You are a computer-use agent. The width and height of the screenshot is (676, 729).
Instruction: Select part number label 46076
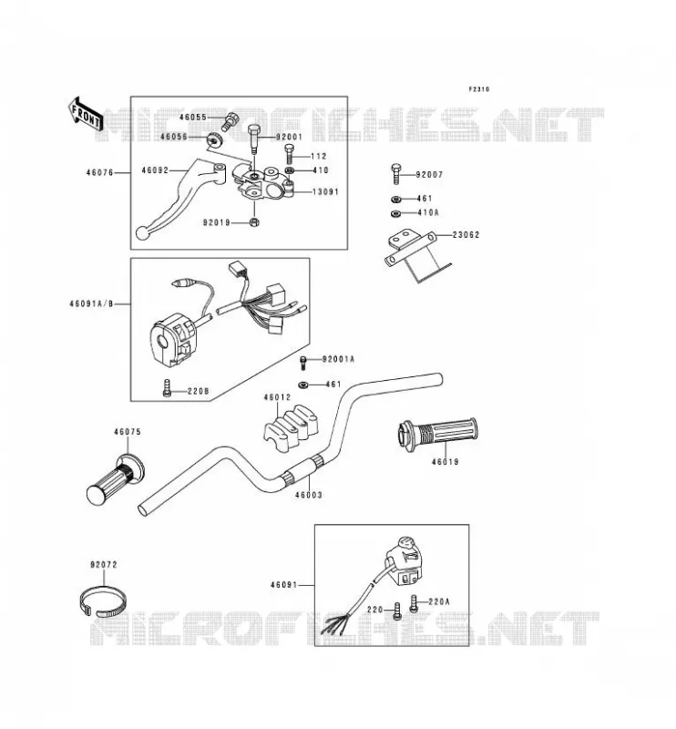tap(99, 173)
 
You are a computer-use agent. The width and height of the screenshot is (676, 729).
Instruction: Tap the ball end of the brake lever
tap(142, 233)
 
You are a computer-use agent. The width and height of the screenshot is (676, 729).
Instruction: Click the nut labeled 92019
tap(254, 222)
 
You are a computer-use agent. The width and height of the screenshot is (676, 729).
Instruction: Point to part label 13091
tap(325, 191)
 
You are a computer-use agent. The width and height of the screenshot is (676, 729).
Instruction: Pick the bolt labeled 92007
tap(396, 175)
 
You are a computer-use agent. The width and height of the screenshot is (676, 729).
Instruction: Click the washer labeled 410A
tap(395, 214)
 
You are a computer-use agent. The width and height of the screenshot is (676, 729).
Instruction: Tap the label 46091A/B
tap(91, 304)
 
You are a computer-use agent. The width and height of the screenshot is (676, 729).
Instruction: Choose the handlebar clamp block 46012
tap(291, 426)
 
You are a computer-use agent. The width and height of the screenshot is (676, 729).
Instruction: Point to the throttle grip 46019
tap(437, 435)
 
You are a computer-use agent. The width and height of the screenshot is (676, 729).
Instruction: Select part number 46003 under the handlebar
tap(308, 495)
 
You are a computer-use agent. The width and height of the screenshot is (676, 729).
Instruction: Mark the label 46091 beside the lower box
tap(283, 585)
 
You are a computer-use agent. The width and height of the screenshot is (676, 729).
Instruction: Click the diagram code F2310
tap(479, 89)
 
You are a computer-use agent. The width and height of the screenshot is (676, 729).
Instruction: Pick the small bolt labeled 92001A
tap(303, 363)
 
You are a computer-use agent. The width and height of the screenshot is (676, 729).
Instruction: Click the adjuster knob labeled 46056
tap(214, 139)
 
